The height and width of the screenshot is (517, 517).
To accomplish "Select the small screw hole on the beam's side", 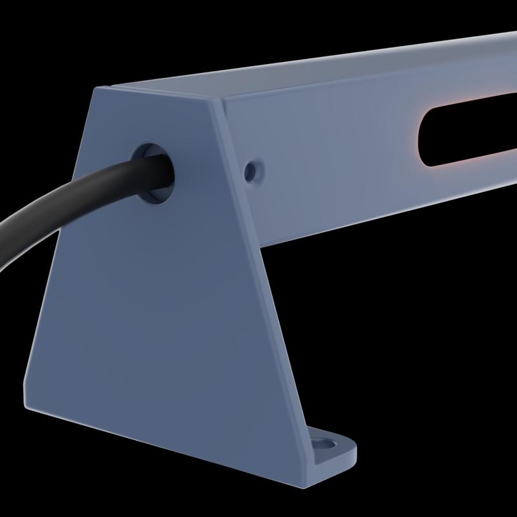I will click(x=251, y=171).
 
